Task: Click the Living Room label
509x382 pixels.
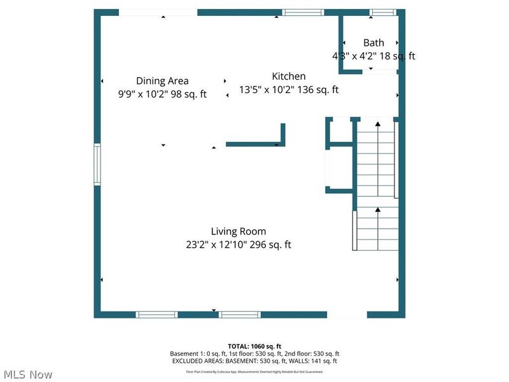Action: pyautogui.click(x=239, y=231)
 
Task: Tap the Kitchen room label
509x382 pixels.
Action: pyautogui.click(x=289, y=76)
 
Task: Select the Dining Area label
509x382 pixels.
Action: pyautogui.click(x=162, y=81)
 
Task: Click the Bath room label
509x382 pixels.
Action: pyautogui.click(x=373, y=43)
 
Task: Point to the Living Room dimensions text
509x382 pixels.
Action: pyautogui.click(x=239, y=244)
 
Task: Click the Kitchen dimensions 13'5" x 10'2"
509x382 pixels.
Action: pyautogui.click(x=289, y=90)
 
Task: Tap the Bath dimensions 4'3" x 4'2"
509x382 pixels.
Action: pyautogui.click(x=373, y=56)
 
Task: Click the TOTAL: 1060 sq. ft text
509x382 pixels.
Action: pyautogui.click(x=254, y=346)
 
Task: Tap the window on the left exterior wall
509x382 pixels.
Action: pyautogui.click(x=97, y=164)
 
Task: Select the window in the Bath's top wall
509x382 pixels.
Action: pyautogui.click(x=382, y=12)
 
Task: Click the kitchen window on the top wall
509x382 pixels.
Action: pyautogui.click(x=303, y=12)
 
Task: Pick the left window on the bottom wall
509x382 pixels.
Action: pyautogui.click(x=157, y=315)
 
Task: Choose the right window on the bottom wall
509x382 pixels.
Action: pyautogui.click(x=240, y=315)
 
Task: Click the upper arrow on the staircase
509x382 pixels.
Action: pyautogui.click(x=378, y=124)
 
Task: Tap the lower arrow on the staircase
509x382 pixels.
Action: pyautogui.click(x=378, y=209)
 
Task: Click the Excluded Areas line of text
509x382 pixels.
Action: pyautogui.click(x=254, y=361)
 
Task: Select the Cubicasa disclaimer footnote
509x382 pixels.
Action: pyautogui.click(x=254, y=371)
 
